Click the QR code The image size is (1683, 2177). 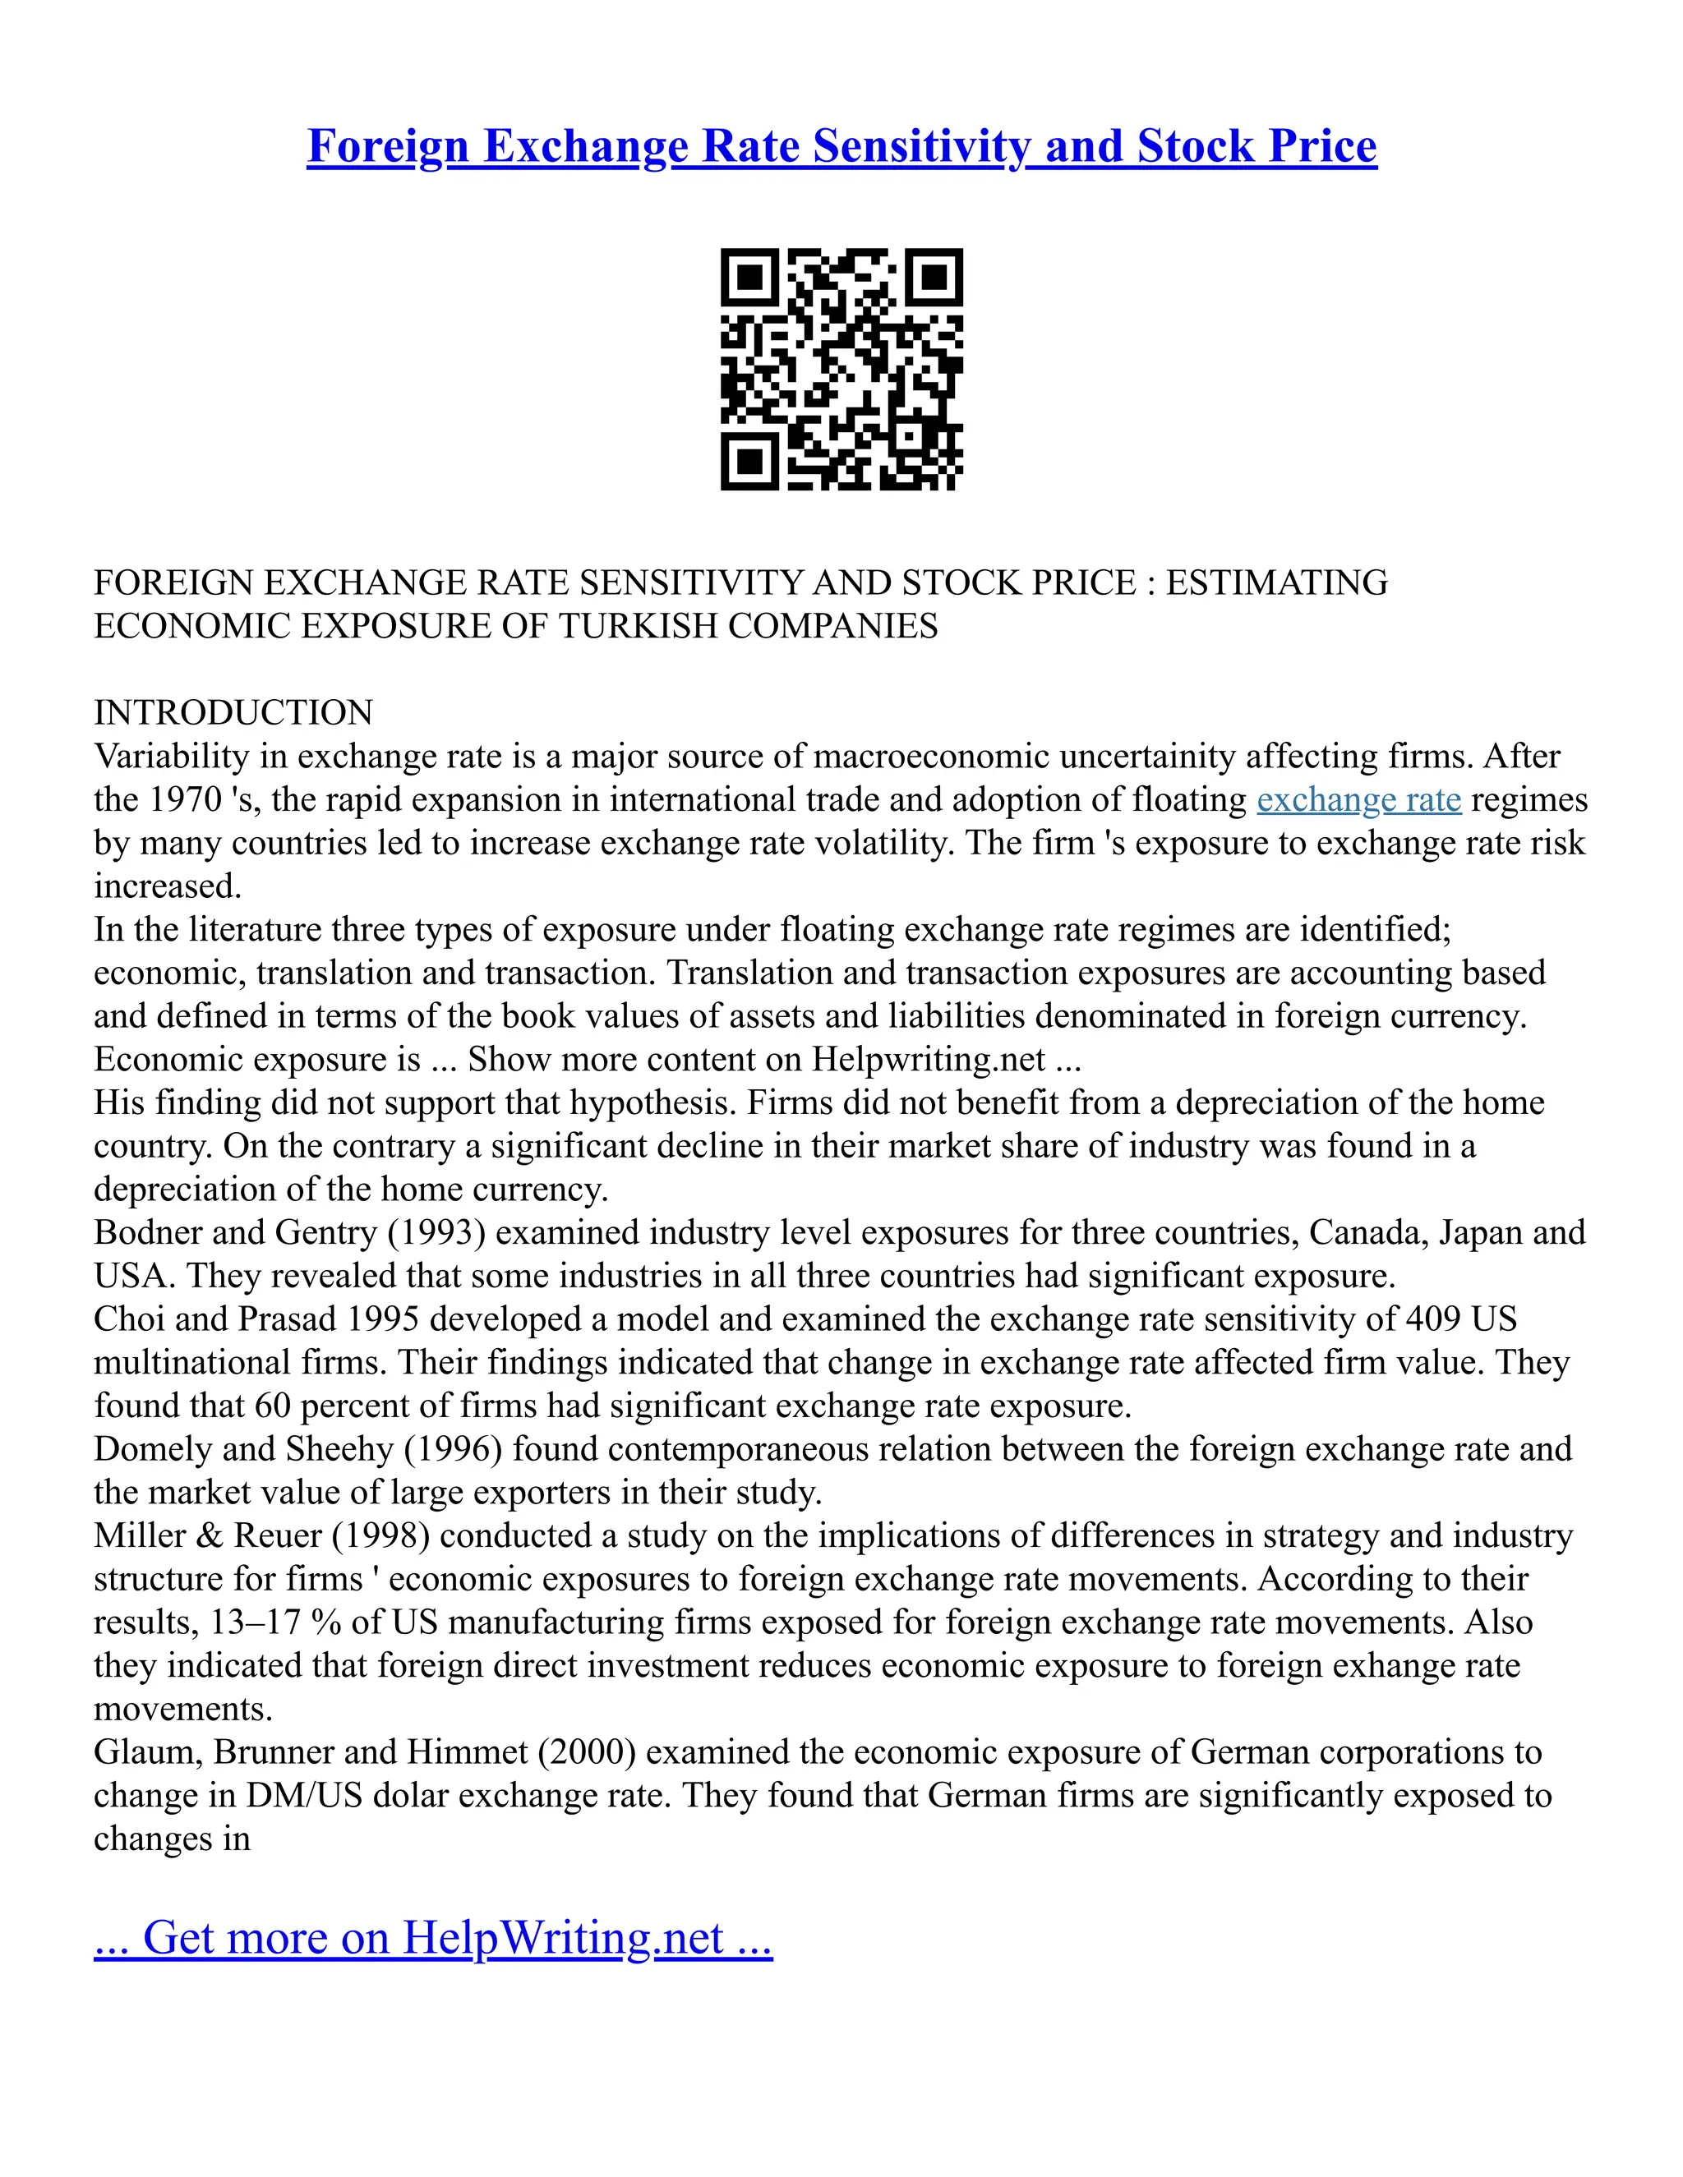841,369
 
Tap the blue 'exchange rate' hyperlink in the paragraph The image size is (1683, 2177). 1358,799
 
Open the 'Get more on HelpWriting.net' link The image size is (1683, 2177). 433,1937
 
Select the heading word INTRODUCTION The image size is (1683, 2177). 233,713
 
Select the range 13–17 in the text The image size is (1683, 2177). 256,1622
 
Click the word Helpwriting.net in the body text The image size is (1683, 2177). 929,1059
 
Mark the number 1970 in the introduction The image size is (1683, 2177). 186,799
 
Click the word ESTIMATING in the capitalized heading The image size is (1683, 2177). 1276,582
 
